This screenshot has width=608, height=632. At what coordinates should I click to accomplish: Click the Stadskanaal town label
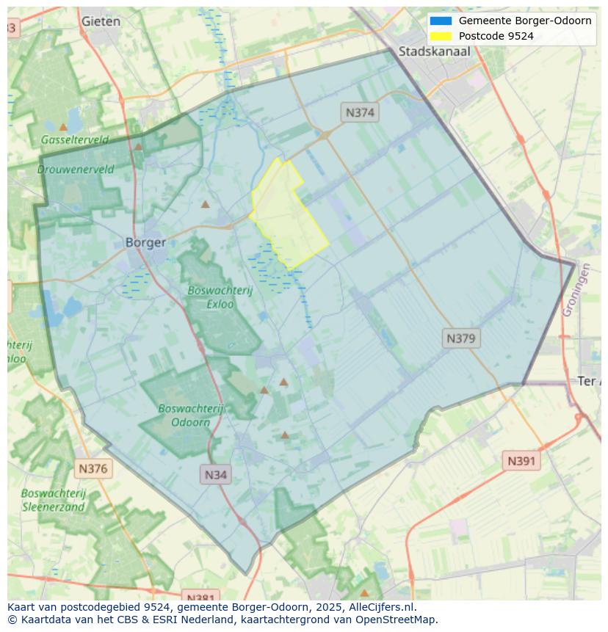coord(434,51)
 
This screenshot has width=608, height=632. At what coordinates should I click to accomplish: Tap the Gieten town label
coord(101,21)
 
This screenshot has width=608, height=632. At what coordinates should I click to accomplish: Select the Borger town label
coord(145,242)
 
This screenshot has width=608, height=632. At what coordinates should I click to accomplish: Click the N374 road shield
coord(360,112)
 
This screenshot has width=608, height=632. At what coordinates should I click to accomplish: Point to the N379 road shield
coord(461,338)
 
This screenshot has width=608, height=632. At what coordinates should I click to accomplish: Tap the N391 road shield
coord(521,461)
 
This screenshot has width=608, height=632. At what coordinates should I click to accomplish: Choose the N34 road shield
coord(215,474)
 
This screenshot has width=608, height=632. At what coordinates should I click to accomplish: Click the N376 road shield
coord(93,468)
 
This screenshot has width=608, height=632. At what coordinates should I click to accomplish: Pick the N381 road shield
coord(199,597)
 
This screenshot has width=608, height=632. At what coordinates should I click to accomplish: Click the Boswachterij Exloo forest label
coord(220,297)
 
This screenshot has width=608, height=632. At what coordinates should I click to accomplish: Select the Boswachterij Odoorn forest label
coord(190,415)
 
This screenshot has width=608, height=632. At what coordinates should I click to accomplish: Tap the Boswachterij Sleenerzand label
coord(54,500)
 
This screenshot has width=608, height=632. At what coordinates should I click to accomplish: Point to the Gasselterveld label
coord(74,139)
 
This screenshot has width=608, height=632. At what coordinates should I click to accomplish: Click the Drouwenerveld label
coord(76,169)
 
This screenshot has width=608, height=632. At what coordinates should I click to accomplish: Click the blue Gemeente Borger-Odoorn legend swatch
coord(441,21)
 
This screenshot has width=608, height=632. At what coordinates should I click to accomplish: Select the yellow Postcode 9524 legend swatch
coord(441,36)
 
